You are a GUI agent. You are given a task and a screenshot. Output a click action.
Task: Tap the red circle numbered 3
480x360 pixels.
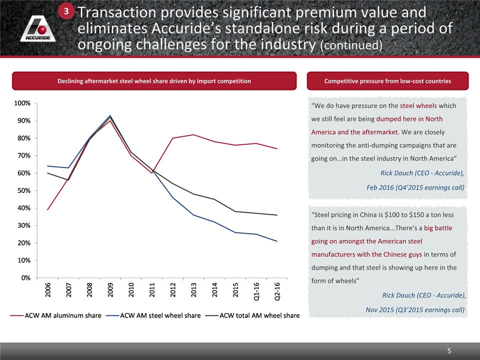pos(67,11)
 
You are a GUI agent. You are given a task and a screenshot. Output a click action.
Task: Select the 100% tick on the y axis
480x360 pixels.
pos(22,103)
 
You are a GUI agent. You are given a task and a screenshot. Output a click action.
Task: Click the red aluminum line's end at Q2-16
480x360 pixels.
pos(277,148)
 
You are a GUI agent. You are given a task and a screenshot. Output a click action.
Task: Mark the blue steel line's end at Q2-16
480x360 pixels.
pos(277,241)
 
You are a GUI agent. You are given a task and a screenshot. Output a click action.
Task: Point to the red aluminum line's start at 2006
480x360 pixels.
pos(47,209)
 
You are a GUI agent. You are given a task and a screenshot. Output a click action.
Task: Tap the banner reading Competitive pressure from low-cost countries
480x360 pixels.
pos(388,81)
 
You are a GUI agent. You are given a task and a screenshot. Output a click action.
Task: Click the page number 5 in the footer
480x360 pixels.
pos(449,351)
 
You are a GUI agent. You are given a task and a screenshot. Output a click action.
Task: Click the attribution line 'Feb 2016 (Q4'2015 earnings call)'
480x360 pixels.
pos(415,187)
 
